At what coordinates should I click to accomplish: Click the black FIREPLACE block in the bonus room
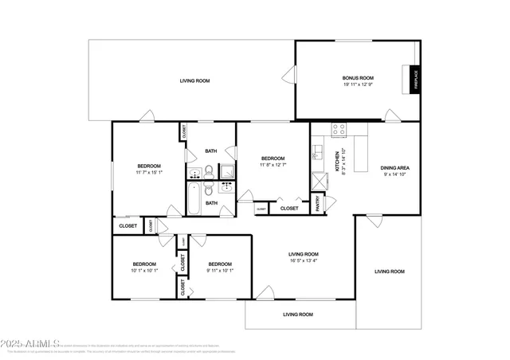pos(414,80)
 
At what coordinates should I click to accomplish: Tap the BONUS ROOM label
pos(355,78)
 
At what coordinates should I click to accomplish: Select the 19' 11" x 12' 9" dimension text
pos(355,84)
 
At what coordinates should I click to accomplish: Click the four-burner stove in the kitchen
pos(339,127)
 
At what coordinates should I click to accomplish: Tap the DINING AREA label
pos(394,167)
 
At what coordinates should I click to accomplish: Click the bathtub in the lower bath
pos(194,198)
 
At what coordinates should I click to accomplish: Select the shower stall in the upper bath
pos(226,170)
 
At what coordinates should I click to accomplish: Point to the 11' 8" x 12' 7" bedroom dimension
pos(273,165)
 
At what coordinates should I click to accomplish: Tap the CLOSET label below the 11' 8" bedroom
pos(289,209)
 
